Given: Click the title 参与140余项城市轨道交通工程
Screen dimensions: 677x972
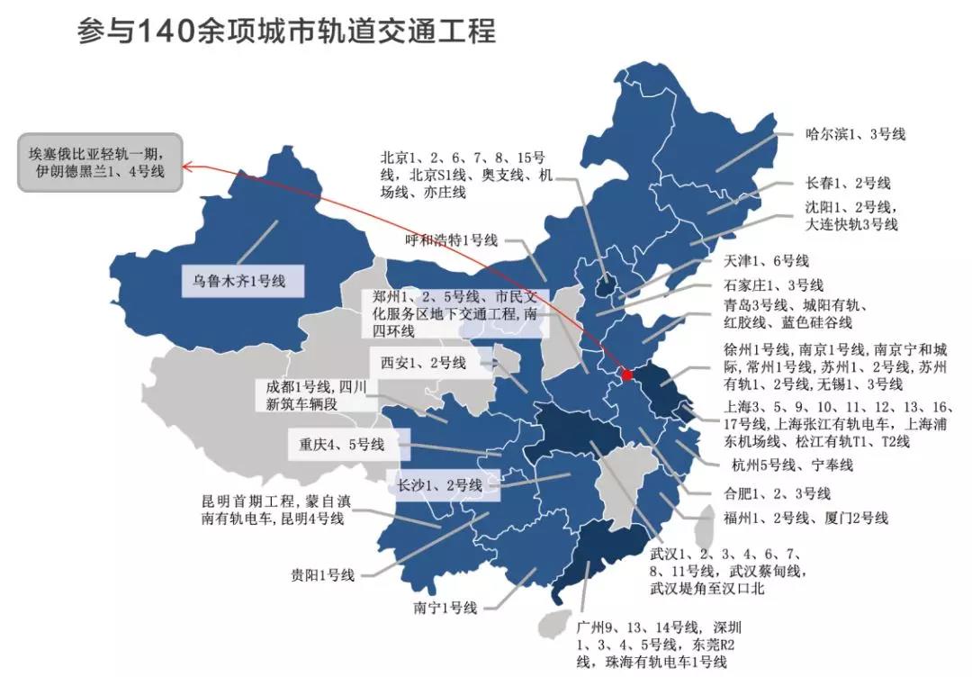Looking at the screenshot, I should point(286,32).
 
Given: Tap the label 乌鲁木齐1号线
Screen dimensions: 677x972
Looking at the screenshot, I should point(238,281).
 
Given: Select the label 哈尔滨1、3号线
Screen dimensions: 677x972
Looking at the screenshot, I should point(854,134).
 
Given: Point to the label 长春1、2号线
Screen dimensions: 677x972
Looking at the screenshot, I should point(847,183).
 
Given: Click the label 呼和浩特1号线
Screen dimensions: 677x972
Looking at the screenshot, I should point(451,239).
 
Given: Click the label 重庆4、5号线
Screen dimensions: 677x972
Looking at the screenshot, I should point(341,444).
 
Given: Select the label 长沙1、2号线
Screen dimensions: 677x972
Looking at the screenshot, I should point(439,485).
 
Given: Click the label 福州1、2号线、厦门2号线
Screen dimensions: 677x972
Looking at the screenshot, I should point(805,518).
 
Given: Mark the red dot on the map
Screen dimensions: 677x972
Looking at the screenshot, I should point(627,374).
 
